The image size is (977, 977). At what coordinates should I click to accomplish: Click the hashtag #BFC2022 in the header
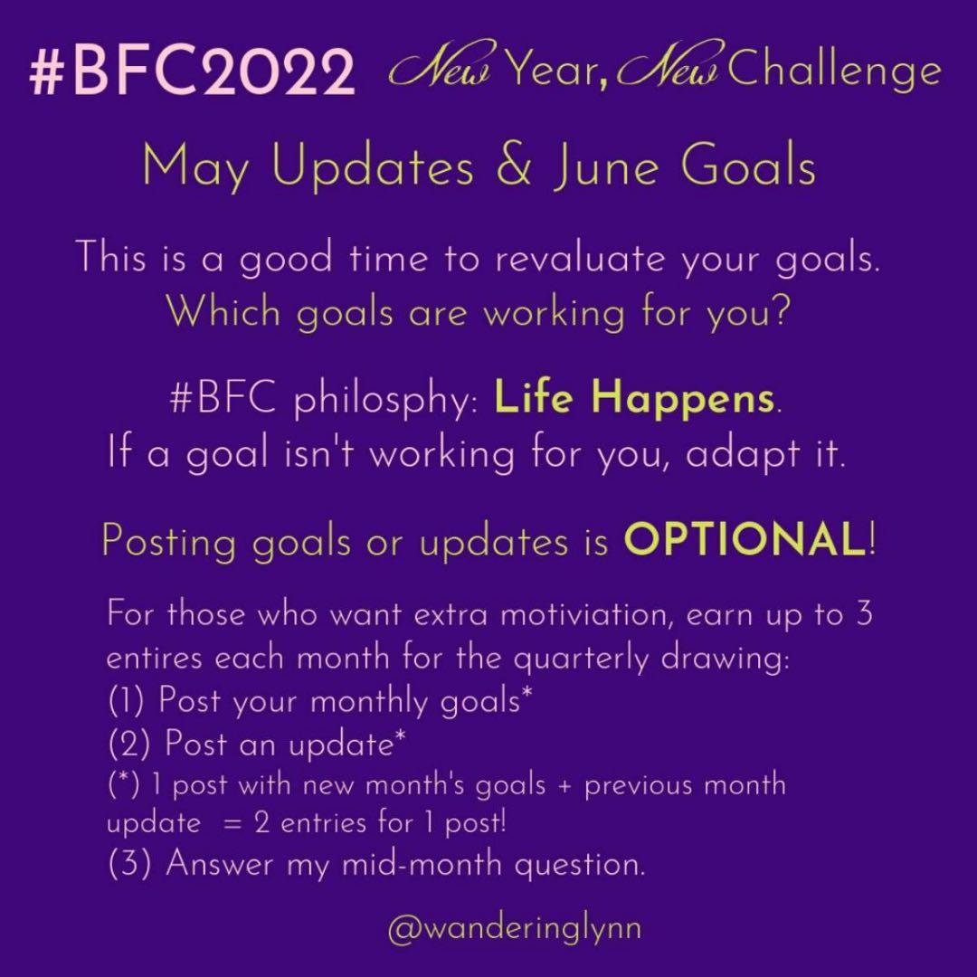[x=192, y=74]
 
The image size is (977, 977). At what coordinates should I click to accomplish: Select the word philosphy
[x=385, y=399]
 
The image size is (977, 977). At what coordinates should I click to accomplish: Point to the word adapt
[x=742, y=455]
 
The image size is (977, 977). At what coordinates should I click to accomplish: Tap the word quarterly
[x=581, y=659]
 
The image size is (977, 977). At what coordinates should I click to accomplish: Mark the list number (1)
[x=127, y=700]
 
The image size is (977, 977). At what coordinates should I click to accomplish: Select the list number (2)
[x=129, y=744]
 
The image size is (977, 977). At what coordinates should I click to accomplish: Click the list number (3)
[x=129, y=864]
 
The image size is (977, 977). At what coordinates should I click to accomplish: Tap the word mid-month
[x=422, y=864]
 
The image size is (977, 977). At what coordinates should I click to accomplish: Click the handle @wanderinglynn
[x=515, y=929]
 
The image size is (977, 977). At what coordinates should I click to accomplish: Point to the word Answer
[x=219, y=864]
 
